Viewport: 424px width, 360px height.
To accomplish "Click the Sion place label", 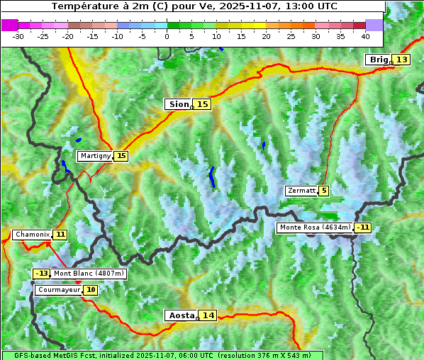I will click(178, 104).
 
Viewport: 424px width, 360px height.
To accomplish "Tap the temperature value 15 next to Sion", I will click(203, 104).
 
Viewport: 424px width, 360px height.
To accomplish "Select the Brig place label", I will click(379, 60).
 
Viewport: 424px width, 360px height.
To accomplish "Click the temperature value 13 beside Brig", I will click(402, 60).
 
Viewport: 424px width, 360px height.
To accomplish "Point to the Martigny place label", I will click(95, 156).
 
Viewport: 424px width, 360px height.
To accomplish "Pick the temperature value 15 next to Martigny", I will click(121, 156).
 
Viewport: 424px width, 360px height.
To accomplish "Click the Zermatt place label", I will click(301, 191).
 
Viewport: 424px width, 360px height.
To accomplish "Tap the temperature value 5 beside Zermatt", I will click(324, 191).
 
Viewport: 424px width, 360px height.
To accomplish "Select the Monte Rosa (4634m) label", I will click(315, 227).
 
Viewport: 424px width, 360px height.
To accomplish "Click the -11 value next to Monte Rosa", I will click(363, 227).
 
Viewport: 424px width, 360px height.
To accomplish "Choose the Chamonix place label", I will click(32, 235).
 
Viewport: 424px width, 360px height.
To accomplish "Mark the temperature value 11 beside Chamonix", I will click(60, 235).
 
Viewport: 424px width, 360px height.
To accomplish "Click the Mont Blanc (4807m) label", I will click(89, 274).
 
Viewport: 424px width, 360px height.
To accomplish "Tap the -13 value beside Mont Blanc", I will click(42, 274).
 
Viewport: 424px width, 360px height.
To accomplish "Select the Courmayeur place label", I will click(58, 290).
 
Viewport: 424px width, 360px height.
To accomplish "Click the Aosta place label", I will click(180, 315).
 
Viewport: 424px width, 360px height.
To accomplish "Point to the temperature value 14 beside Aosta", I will click(208, 315).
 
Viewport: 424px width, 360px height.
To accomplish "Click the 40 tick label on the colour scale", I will click(365, 35).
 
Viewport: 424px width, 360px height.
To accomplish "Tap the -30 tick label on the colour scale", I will click(18, 35).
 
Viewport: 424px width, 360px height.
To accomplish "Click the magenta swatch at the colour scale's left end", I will click(9, 25).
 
